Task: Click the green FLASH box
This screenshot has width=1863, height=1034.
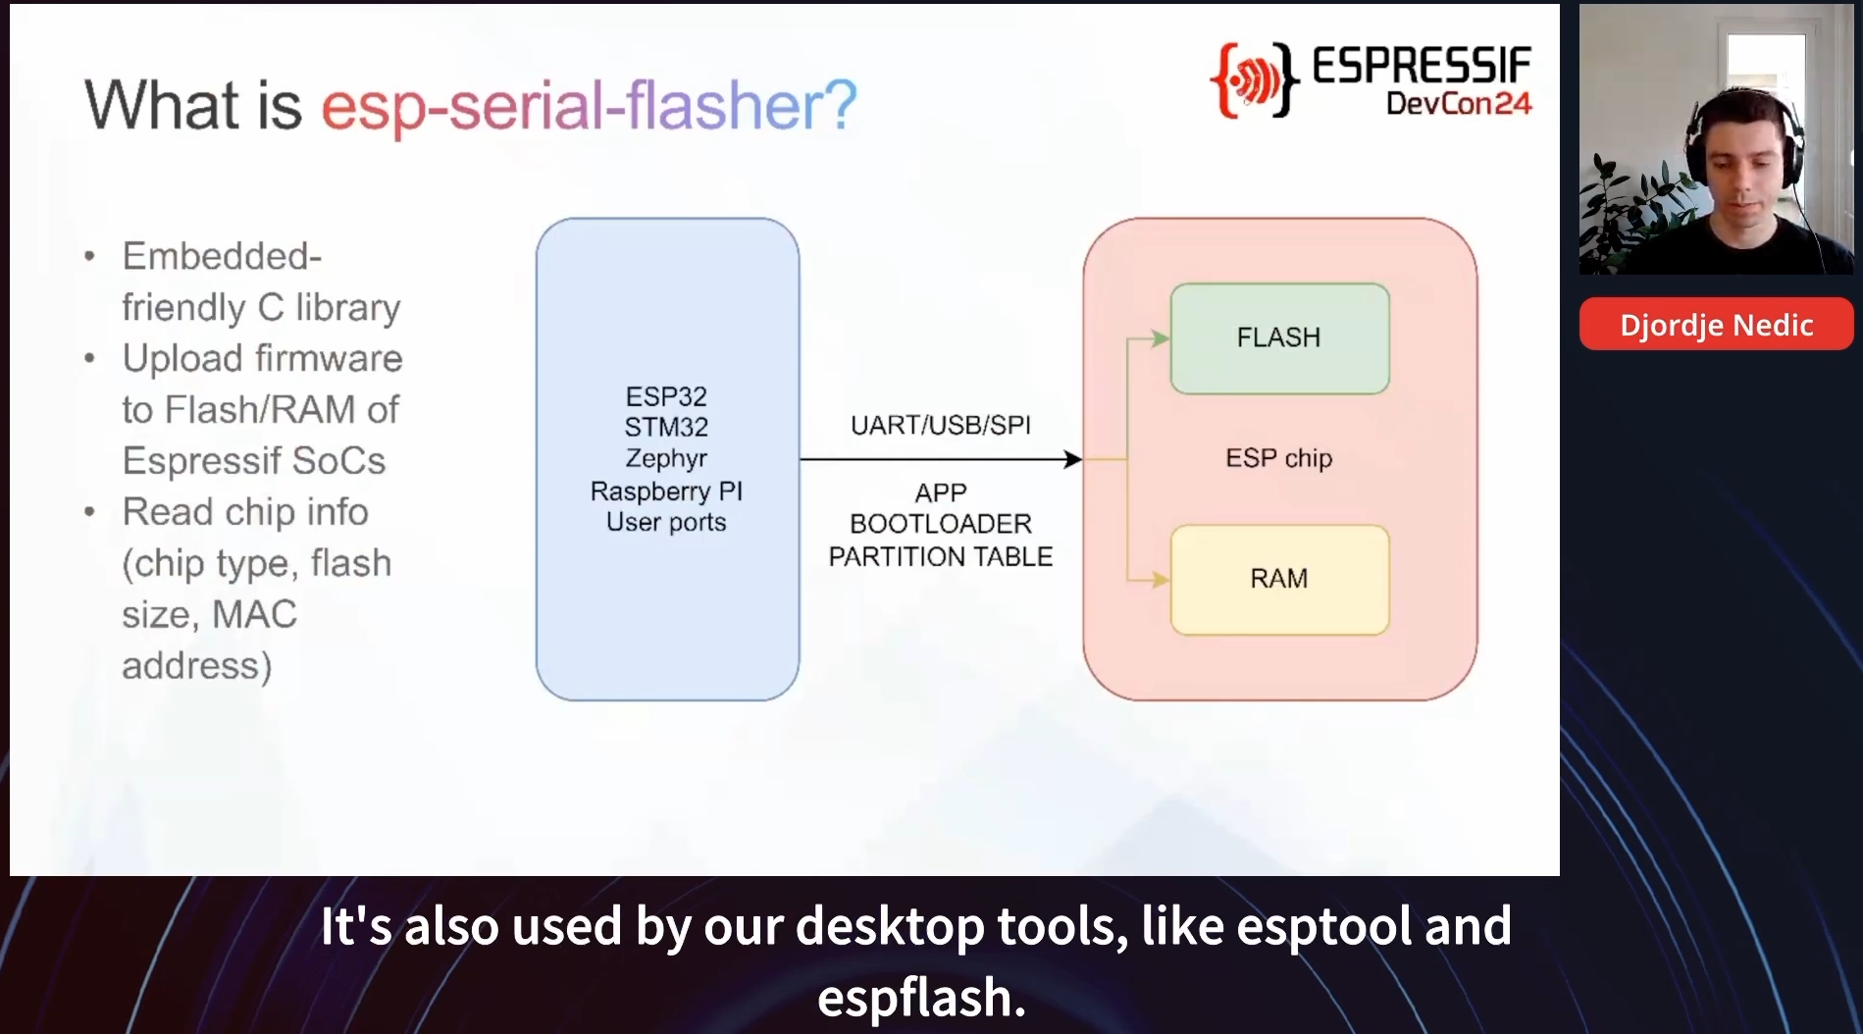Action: point(1279,338)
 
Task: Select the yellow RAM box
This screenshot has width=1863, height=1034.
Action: point(1279,580)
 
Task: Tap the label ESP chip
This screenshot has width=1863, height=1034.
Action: point(1278,458)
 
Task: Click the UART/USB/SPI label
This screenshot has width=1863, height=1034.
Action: point(940,425)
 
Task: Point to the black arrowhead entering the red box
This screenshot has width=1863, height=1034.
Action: point(1073,459)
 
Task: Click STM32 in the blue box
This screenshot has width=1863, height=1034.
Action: point(666,427)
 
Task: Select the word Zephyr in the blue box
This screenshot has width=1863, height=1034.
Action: point(666,459)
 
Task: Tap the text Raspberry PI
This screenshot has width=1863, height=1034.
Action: point(666,491)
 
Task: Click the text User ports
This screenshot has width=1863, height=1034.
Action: point(666,522)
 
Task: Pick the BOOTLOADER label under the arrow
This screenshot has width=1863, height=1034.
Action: point(940,524)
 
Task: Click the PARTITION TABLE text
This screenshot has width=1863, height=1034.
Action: point(940,556)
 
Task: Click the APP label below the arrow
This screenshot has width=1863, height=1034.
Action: point(941,492)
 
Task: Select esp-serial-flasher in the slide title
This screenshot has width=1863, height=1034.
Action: point(589,105)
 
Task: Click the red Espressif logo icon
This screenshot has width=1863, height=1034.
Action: point(1255,79)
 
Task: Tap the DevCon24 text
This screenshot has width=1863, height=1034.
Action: point(1459,103)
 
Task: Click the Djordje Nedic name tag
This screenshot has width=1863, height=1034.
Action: point(1716,325)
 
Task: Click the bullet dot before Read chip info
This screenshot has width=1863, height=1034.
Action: point(90,511)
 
